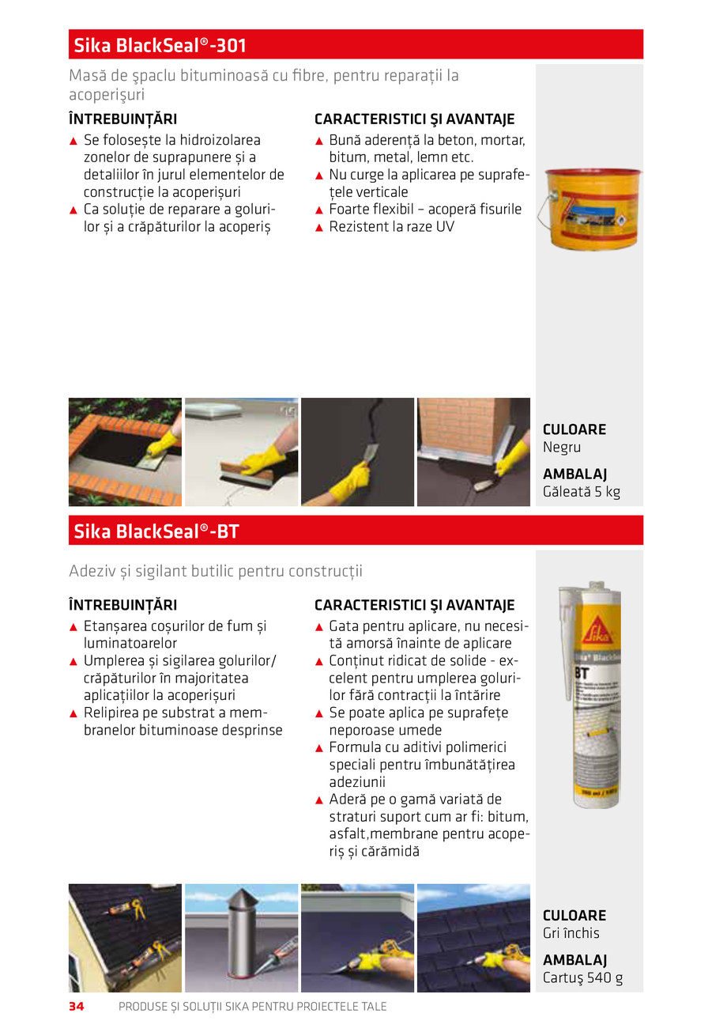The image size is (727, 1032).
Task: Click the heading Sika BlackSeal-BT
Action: click(x=156, y=531)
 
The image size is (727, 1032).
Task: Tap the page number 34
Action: click(x=77, y=1007)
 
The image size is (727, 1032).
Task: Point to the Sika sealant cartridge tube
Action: click(x=589, y=696)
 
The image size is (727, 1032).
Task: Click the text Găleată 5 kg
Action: click(x=582, y=492)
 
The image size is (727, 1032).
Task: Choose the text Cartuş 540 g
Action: click(x=582, y=977)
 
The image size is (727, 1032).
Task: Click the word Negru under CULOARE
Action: click(x=562, y=447)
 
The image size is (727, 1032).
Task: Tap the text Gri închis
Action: click(x=571, y=932)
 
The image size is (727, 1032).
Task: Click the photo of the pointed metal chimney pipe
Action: click(x=241, y=938)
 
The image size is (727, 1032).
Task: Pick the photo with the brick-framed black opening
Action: click(x=125, y=452)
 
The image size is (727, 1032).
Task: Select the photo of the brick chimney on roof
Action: click(x=473, y=452)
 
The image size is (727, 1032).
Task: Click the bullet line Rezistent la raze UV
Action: click(x=391, y=227)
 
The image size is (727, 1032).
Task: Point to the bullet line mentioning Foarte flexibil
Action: click(x=424, y=210)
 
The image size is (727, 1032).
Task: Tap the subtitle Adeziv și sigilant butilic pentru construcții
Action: click(x=216, y=571)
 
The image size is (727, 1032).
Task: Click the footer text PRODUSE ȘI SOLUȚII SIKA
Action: click(x=252, y=1007)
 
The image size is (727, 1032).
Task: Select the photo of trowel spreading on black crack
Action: click(x=357, y=452)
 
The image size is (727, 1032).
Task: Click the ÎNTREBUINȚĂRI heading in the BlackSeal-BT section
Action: click(x=122, y=605)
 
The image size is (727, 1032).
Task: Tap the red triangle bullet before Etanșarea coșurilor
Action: click(x=73, y=627)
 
